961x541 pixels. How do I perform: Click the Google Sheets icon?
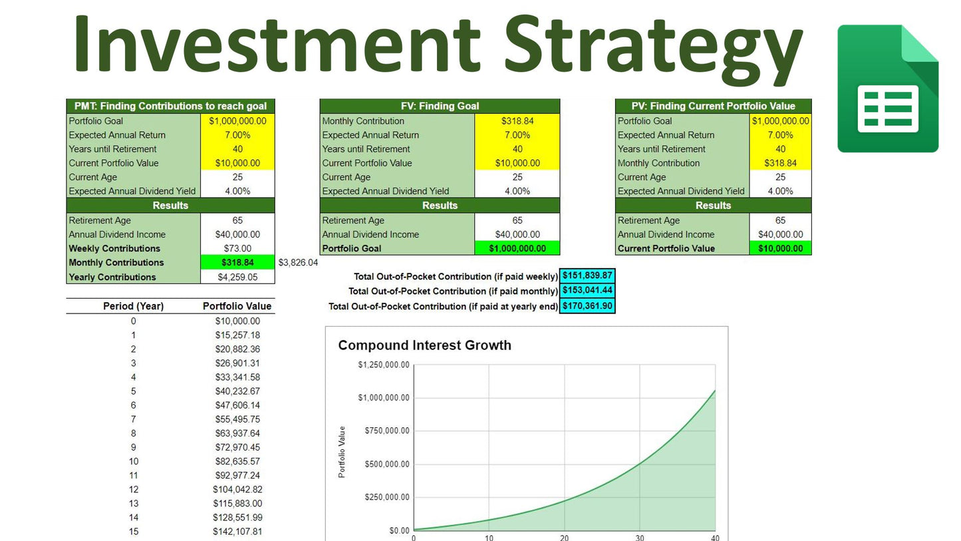888,89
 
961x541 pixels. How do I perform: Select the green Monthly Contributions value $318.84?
237,262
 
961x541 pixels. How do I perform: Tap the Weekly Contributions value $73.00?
237,248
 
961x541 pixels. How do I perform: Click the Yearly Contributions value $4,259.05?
237,277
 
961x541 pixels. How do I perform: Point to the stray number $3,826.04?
298,263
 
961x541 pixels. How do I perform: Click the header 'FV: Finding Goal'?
440,106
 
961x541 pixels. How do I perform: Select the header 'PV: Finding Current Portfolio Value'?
713,106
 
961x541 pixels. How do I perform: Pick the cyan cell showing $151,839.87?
587,275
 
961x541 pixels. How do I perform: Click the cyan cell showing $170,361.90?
587,305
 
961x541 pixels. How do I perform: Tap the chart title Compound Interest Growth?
424,345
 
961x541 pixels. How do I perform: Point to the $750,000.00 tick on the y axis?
387,431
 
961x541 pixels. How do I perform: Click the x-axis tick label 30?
640,537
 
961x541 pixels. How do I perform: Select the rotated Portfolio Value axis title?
342,452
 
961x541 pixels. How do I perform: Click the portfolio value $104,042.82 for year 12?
237,489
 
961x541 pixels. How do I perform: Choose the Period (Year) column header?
133,306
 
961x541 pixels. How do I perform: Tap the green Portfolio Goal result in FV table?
517,248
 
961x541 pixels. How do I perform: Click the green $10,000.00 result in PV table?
780,248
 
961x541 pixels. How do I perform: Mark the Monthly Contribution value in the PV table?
780,163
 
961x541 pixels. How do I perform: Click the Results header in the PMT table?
170,206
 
